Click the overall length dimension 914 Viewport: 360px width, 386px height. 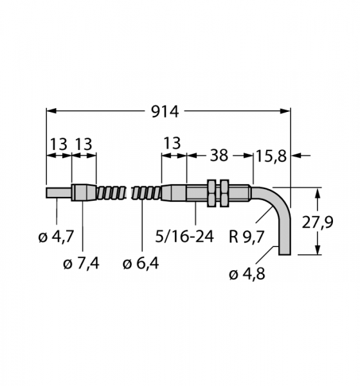(x=165, y=112)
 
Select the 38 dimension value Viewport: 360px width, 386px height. (x=219, y=156)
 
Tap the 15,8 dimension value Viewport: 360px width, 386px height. (x=271, y=156)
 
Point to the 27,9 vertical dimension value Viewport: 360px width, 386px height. (x=317, y=222)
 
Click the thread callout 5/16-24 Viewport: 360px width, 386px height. (x=184, y=237)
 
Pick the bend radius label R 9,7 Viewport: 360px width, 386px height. (x=246, y=237)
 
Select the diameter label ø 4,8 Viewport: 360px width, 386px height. (x=247, y=274)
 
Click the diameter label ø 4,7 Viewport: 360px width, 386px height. (x=56, y=237)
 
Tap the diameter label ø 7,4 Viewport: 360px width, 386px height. (x=81, y=264)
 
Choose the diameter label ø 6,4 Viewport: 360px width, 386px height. (x=141, y=264)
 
